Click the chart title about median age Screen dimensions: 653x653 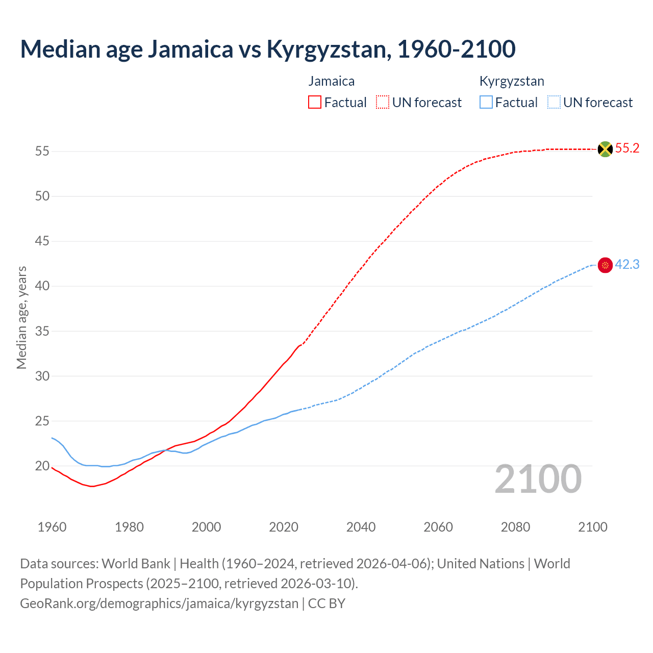click(267, 49)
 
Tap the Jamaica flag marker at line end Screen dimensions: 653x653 click(605, 149)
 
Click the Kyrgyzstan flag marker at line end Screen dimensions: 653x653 click(605, 265)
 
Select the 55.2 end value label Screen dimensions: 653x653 click(627, 148)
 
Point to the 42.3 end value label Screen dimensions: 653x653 click(627, 265)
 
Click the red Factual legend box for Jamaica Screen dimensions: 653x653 click(315, 103)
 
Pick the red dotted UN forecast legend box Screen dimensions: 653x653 click(383, 103)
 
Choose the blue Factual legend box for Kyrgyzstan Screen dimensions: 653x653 click(486, 103)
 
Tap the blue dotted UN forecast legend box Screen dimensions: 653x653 click(554, 103)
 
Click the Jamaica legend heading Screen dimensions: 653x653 click(331, 81)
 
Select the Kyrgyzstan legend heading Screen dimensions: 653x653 click(512, 81)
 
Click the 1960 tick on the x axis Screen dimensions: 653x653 click(52, 527)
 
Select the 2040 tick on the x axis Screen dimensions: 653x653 click(361, 527)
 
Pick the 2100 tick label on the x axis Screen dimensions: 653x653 click(592, 527)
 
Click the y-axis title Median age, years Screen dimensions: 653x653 click(21, 317)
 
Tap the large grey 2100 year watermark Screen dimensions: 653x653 click(538, 479)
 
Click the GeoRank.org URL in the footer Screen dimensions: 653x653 click(159, 604)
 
